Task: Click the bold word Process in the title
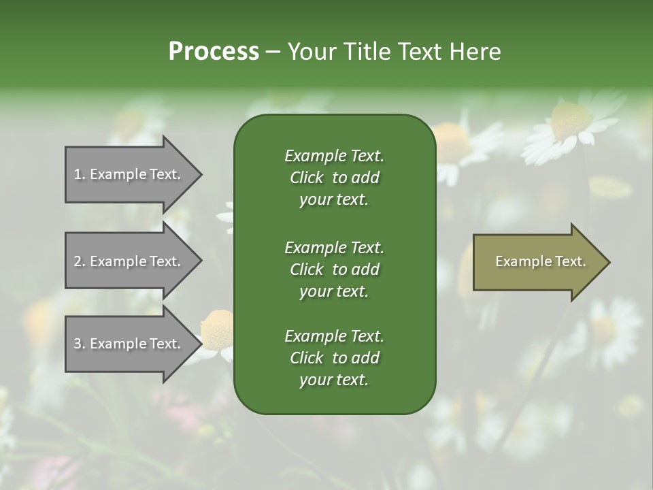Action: point(214,52)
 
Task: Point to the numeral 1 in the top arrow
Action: point(78,175)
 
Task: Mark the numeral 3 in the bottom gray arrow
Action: point(78,344)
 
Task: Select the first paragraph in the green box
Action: point(334,178)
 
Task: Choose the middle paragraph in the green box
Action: point(334,269)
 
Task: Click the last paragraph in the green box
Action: point(334,358)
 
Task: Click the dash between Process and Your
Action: point(272,52)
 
